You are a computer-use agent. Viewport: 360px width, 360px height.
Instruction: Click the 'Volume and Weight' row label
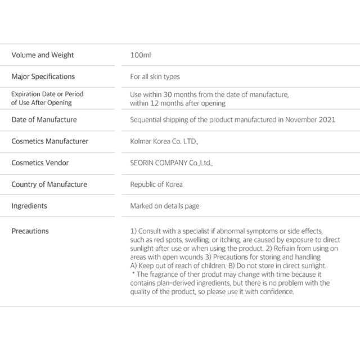(43, 55)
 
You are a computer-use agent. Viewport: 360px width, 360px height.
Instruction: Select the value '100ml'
(141, 55)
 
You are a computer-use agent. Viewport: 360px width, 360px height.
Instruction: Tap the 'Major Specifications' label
(43, 76)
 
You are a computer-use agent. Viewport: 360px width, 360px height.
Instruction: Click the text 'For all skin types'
(155, 76)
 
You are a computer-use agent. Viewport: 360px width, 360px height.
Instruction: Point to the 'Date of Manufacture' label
(44, 120)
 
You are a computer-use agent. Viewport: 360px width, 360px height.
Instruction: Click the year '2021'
(327, 120)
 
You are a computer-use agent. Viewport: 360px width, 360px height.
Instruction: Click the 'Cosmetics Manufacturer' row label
(50, 141)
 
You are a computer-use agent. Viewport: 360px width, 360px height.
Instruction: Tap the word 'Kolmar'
(141, 141)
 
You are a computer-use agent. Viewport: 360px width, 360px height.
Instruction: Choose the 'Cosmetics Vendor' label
(40, 163)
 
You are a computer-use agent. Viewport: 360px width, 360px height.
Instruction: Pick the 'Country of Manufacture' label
(49, 184)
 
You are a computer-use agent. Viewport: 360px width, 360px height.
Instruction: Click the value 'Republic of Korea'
(156, 184)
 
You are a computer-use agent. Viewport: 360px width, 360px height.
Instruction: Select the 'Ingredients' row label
(29, 206)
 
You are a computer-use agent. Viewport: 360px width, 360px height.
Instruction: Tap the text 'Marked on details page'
(165, 206)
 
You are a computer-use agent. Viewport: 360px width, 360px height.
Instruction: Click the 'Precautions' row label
(30, 231)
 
